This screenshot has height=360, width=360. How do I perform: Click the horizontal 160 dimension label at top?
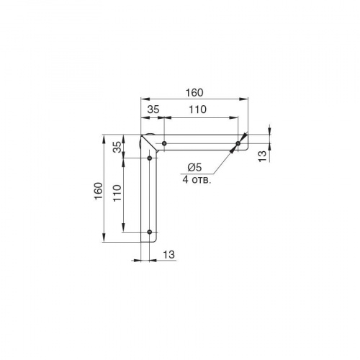tap(194, 93)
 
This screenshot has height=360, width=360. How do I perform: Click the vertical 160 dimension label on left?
tap(99, 191)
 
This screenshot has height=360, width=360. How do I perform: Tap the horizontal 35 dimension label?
tap(153, 109)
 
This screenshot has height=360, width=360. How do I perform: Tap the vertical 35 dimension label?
tap(117, 147)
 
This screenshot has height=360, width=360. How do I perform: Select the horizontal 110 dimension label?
tap(197, 109)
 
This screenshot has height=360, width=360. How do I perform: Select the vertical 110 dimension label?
tap(117, 193)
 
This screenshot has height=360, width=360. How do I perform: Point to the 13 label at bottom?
tap(169, 254)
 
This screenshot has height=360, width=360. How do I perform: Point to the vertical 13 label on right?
tap(263, 156)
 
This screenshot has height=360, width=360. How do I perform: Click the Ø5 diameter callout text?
tap(194, 167)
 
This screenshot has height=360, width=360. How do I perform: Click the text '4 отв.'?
tap(197, 179)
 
